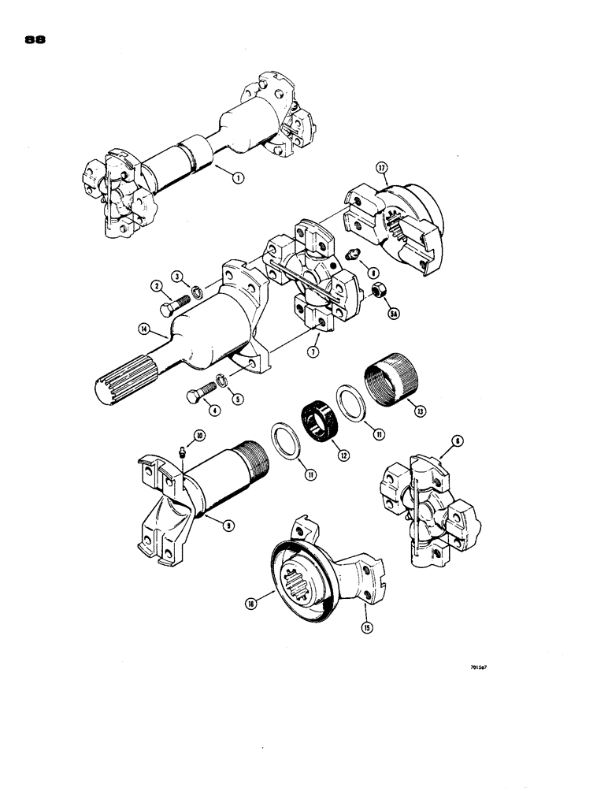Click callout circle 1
[239, 178]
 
